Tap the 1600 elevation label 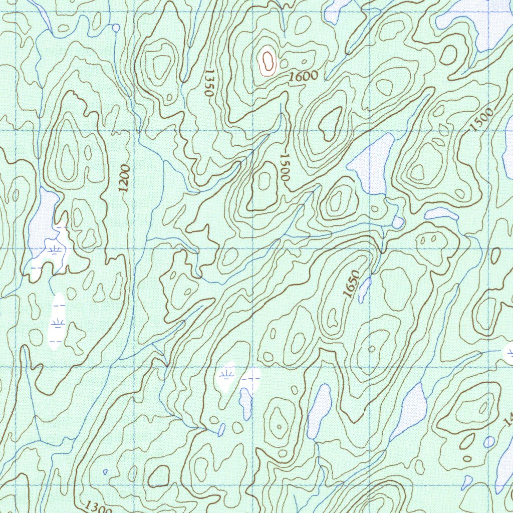point(304,77)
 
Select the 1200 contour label point(124,179)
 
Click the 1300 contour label point(98,507)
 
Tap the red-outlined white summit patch point(268,63)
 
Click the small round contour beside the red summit point(284,64)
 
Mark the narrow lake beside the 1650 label point(365,289)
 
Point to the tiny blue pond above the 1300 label point(105,471)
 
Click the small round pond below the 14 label point(489,442)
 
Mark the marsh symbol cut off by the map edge point(509,353)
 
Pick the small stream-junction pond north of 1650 point(398,222)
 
